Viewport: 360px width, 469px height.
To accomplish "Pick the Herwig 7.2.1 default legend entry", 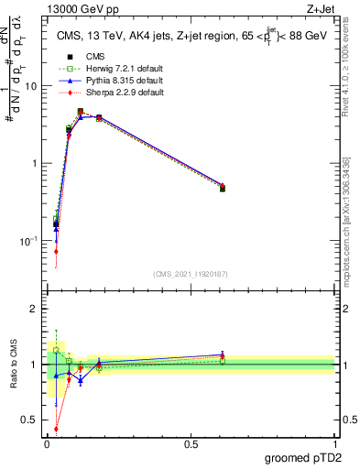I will click(x=110, y=69).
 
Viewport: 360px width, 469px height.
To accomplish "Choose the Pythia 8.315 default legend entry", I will click(x=109, y=81).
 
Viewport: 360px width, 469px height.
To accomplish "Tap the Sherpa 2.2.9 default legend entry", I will click(x=109, y=93).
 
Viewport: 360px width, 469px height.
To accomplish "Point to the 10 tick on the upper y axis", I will click(x=32, y=86).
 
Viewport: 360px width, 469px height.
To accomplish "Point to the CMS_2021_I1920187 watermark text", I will click(x=190, y=273).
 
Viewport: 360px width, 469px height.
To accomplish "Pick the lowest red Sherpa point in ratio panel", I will click(x=56, y=428).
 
